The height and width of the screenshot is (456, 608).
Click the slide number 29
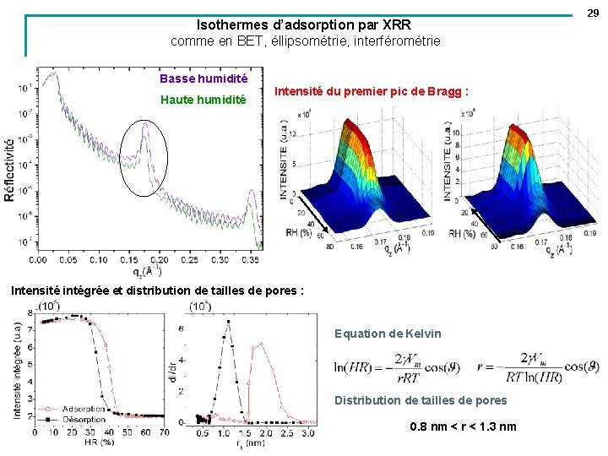click(594, 13)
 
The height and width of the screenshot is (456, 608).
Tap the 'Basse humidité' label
click(204, 79)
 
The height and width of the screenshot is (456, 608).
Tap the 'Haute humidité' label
click(204, 100)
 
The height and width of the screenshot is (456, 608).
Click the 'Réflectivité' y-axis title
click(10, 169)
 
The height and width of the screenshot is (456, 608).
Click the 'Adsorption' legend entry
click(84, 409)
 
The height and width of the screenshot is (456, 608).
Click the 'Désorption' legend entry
click(84, 418)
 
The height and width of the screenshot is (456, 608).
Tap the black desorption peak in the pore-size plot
click(227, 322)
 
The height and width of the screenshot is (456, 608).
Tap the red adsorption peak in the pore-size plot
click(261, 344)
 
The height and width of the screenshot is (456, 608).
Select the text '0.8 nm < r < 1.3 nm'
click(463, 426)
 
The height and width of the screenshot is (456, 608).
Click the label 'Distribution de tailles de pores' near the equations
click(421, 400)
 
